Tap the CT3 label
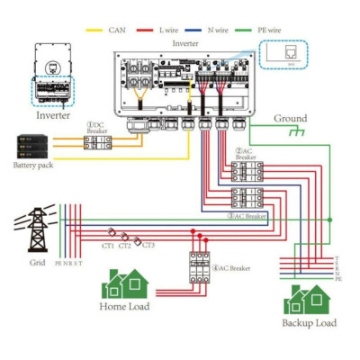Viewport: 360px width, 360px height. click(148, 245)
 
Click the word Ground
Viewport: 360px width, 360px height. click(290, 118)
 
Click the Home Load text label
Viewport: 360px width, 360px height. click(124, 306)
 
